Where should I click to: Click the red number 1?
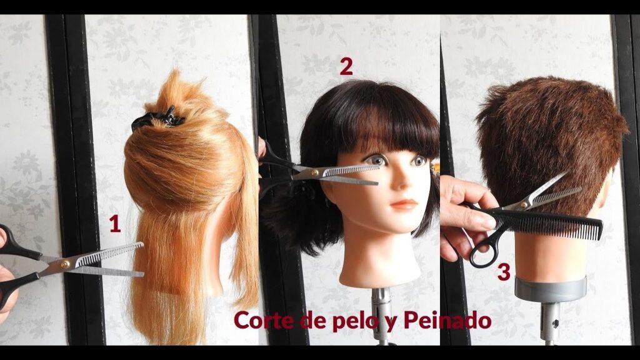115,224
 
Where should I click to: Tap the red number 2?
346,66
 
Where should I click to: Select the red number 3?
504,272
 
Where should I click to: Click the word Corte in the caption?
264,321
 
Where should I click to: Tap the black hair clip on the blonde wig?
157,118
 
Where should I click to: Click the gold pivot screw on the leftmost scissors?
65,264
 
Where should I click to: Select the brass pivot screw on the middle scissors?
315,172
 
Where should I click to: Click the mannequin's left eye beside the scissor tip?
377,160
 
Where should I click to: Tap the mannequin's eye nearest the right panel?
419,160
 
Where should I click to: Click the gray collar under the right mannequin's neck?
550,289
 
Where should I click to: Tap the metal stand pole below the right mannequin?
550,323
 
